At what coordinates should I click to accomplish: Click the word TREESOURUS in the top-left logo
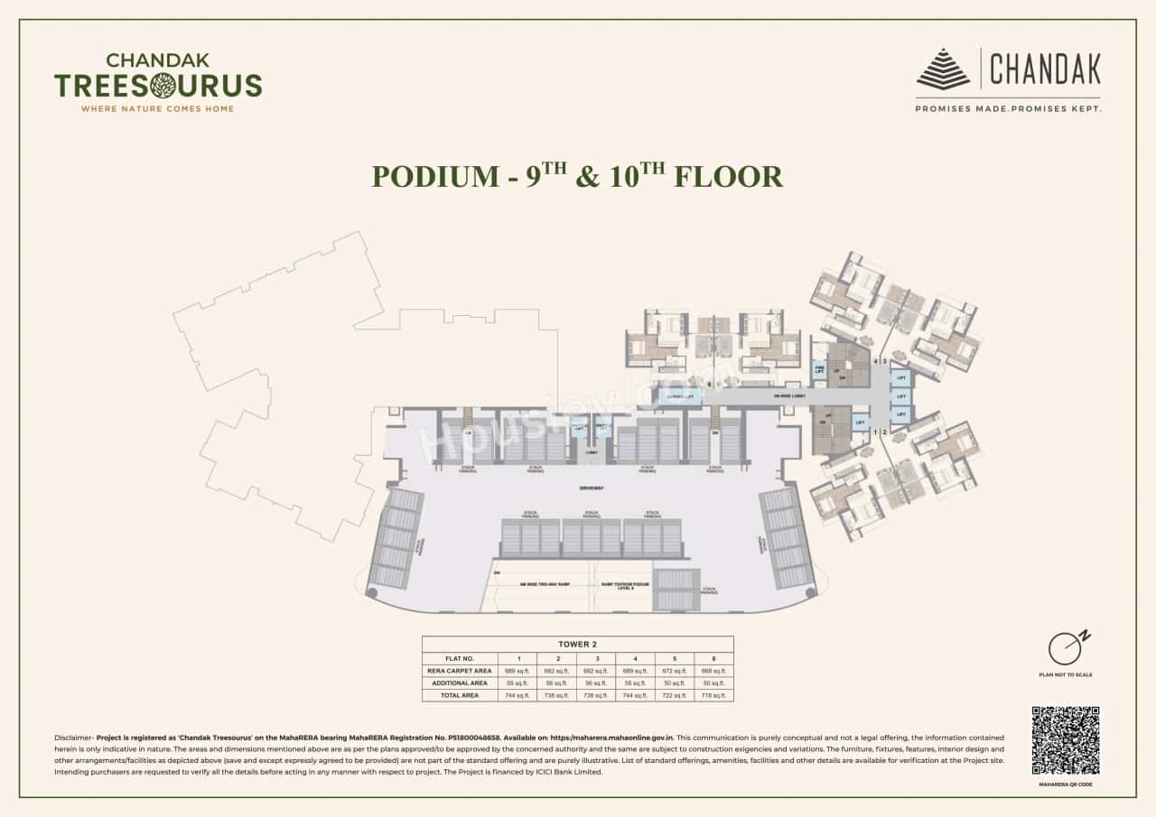pyautogui.click(x=158, y=86)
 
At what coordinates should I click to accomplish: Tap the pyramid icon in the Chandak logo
pyautogui.click(x=943, y=70)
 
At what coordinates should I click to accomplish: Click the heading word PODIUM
pyautogui.click(x=433, y=176)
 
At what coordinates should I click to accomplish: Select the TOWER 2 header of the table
pyautogui.click(x=577, y=645)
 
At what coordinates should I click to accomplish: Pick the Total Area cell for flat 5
pyautogui.click(x=668, y=695)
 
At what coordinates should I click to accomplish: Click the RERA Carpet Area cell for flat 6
pyautogui.click(x=713, y=671)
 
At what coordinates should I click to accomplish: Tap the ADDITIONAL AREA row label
pyautogui.click(x=460, y=682)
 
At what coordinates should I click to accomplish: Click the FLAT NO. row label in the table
pyautogui.click(x=460, y=658)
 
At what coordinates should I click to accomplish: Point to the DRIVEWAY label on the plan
pyautogui.click(x=592, y=487)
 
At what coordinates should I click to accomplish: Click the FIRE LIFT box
pyautogui.click(x=820, y=368)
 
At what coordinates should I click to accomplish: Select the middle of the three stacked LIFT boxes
pyautogui.click(x=900, y=396)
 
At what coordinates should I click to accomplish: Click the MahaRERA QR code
pyautogui.click(x=1066, y=740)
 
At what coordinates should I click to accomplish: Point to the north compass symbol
pyautogui.click(x=1066, y=647)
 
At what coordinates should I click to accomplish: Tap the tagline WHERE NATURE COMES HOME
pyautogui.click(x=158, y=108)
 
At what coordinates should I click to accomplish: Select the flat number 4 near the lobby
pyautogui.click(x=876, y=360)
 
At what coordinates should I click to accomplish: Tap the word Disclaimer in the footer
pyautogui.click(x=73, y=738)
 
